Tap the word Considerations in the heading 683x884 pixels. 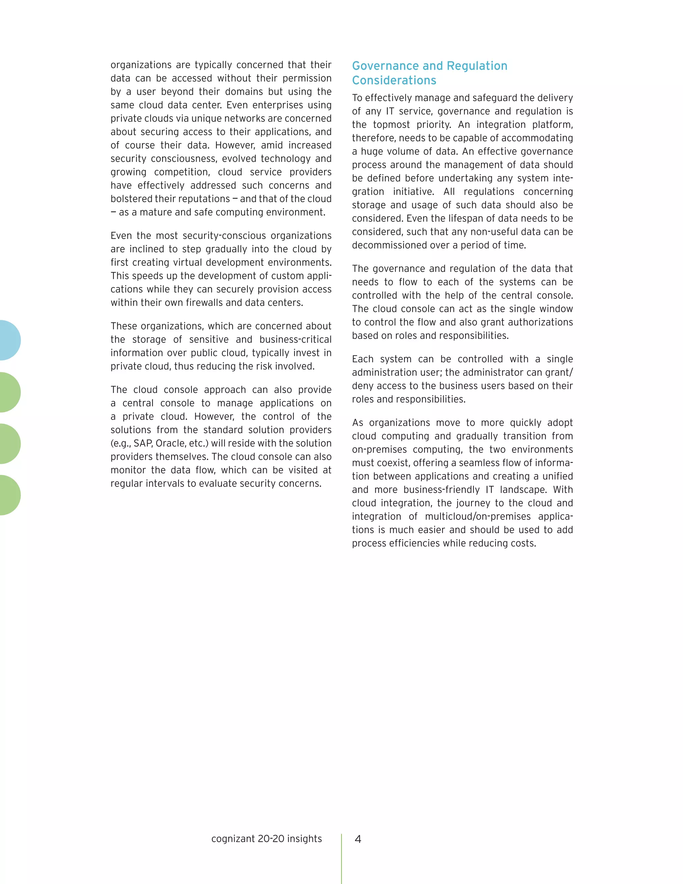(394, 80)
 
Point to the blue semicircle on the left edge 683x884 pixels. (9, 340)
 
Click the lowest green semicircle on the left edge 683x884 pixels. (9, 495)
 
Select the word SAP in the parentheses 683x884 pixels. (143, 443)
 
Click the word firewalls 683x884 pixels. (205, 303)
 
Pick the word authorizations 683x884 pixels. (540, 322)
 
